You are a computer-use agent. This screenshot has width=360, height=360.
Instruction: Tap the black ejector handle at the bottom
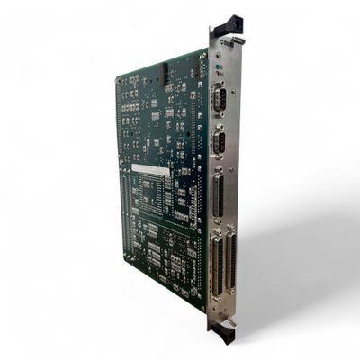[x=220, y=334]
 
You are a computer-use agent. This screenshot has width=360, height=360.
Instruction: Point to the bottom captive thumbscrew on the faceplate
[x=230, y=320]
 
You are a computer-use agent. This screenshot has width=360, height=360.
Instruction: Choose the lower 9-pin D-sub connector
[x=219, y=143]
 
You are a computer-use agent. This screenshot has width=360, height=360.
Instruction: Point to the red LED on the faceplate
[x=218, y=74]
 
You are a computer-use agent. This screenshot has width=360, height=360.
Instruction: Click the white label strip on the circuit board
[x=149, y=168]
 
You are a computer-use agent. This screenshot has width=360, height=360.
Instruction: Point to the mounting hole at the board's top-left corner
[x=120, y=81]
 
